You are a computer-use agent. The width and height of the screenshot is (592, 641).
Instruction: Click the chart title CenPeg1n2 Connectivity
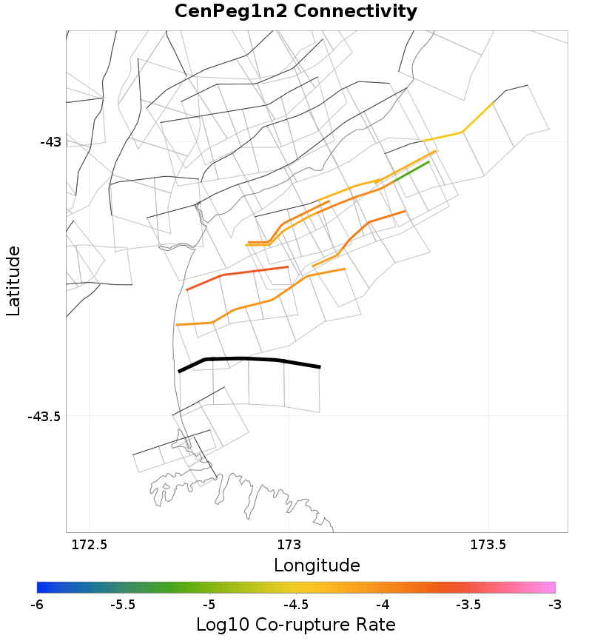(296, 12)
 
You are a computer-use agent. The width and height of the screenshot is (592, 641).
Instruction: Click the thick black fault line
(244, 359)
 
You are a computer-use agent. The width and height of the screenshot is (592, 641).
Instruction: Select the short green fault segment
(411, 171)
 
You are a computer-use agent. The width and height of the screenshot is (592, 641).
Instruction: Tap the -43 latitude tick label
(50, 141)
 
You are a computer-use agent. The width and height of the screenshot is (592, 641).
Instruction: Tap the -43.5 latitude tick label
(44, 416)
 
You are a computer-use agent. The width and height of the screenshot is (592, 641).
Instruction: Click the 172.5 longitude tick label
(89, 546)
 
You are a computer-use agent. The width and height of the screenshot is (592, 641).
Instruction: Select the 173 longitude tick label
(289, 546)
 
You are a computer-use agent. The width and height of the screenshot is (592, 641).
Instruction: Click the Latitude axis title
(13, 281)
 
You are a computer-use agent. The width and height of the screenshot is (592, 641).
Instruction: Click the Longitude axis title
(317, 566)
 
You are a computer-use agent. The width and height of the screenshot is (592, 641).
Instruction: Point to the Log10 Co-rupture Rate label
(296, 624)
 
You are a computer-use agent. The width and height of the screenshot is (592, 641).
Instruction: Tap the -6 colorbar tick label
(37, 604)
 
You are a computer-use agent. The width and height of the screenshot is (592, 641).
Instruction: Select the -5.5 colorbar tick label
(123, 604)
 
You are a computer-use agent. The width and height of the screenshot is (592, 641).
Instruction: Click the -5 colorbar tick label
(209, 604)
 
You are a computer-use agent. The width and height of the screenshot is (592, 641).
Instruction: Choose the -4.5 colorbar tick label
(296, 604)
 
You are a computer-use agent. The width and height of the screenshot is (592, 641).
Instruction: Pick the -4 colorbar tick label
(382, 604)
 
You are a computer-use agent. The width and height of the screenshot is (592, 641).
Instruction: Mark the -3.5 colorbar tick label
(468, 604)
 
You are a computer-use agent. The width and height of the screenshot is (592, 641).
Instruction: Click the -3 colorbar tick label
(555, 604)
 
